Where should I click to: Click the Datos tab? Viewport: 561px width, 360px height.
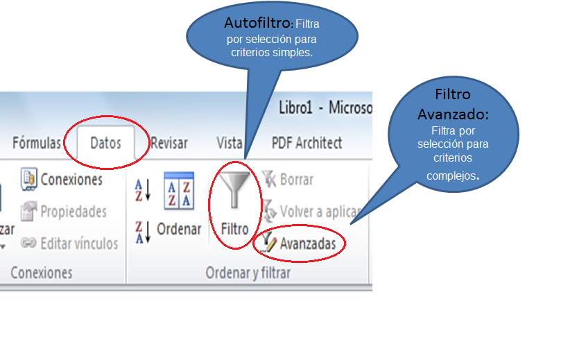coord(105,143)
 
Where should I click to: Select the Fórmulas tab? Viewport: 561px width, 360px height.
coord(36,143)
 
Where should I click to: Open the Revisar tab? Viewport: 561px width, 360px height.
coord(169,143)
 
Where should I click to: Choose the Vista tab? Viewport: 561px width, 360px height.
coord(229,143)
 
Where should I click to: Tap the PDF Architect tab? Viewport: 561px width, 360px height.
coord(307,143)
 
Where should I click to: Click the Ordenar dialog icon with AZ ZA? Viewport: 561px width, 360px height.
coord(178,191)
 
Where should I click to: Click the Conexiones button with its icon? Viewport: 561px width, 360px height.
coord(61,179)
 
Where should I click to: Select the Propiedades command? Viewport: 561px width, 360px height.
coord(64,211)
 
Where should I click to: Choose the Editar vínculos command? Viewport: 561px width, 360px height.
coord(69,243)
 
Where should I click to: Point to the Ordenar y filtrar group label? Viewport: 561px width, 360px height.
coord(248,273)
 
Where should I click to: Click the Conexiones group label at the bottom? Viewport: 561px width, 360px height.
coord(42,273)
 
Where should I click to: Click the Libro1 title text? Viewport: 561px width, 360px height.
coord(300,108)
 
